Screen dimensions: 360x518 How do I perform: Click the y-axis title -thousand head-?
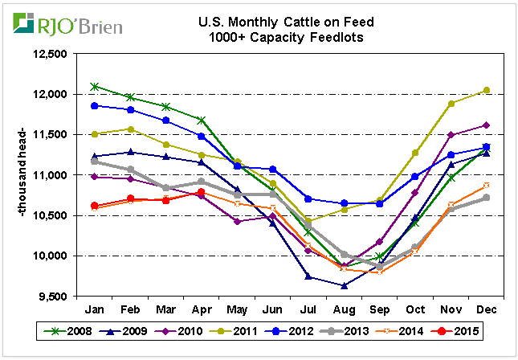coord(18,175)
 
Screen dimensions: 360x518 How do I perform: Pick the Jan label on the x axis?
coord(95,309)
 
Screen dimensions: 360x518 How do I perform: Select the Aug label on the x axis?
coord(344,309)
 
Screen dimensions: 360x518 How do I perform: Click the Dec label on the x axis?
coord(486,309)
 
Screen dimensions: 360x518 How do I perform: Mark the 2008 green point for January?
coord(95,86)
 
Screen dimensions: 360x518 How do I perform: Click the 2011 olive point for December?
coord(486,90)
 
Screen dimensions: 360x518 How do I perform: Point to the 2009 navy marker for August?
coord(344,285)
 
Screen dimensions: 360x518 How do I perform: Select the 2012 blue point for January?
coord(95,105)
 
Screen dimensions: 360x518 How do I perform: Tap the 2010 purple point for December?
coord(486,125)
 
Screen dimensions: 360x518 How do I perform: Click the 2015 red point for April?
coord(202,193)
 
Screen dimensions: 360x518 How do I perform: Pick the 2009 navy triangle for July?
coord(308,276)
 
